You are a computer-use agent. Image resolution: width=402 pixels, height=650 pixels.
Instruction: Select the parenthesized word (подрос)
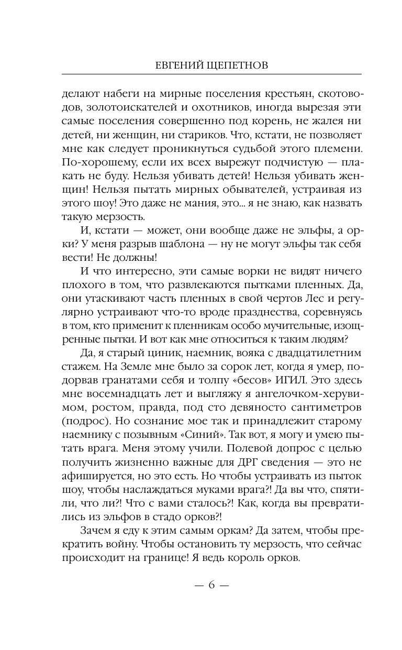(x=86, y=421)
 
